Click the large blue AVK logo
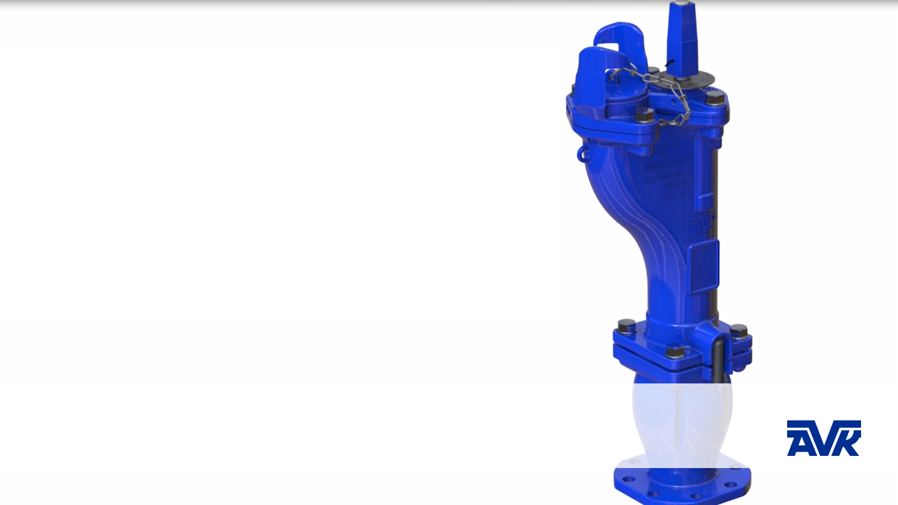point(824,438)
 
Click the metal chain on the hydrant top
point(664,89)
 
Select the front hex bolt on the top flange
point(645,115)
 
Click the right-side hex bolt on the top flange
point(715,99)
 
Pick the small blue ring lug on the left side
point(582,153)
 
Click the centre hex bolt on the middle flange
point(674,351)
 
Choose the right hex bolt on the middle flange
point(739,331)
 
